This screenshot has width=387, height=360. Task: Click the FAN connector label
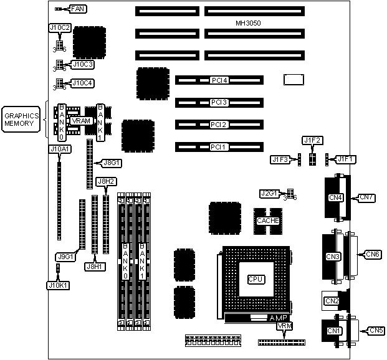[78, 9]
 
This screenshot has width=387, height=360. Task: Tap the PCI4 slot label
[219, 80]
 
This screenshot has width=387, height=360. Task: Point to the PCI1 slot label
[219, 147]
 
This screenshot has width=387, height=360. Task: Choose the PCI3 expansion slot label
[219, 102]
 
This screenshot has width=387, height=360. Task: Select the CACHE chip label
[268, 220]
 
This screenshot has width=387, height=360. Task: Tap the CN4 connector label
[336, 198]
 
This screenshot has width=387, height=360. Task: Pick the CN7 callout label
[367, 198]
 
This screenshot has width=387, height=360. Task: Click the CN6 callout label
[372, 254]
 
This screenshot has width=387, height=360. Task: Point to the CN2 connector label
[332, 301]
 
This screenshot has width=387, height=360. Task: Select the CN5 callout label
[376, 330]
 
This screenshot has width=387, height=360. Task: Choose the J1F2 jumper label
[311, 141]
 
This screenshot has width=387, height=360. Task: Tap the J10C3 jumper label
[83, 64]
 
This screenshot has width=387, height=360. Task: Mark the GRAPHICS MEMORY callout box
[22, 120]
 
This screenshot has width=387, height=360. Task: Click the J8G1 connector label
[111, 163]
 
